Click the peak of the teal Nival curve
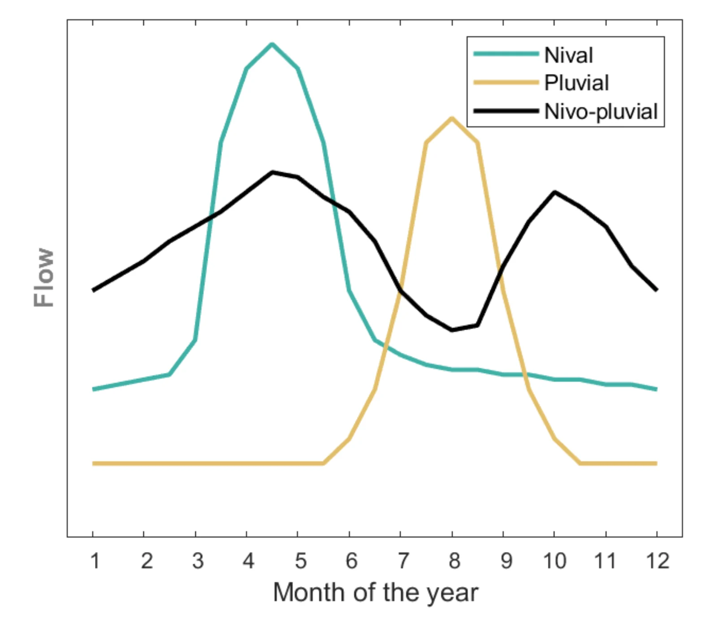coord(272,44)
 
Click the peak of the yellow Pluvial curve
coord(452,119)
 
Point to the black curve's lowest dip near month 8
coord(452,330)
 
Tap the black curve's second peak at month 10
coord(555,192)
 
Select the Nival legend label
coord(568,56)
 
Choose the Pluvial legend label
coord(576,83)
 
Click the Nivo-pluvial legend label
coord(600,112)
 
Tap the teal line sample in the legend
coord(506,54)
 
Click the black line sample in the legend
coord(506,111)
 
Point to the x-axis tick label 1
coord(95,561)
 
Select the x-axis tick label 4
coord(248,561)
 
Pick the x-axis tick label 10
coord(555,561)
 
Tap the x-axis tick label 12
coord(657,561)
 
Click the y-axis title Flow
coord(44,278)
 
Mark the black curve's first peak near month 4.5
coord(272,172)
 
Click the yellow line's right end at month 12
coord(656,464)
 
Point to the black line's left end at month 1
coord(94,290)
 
